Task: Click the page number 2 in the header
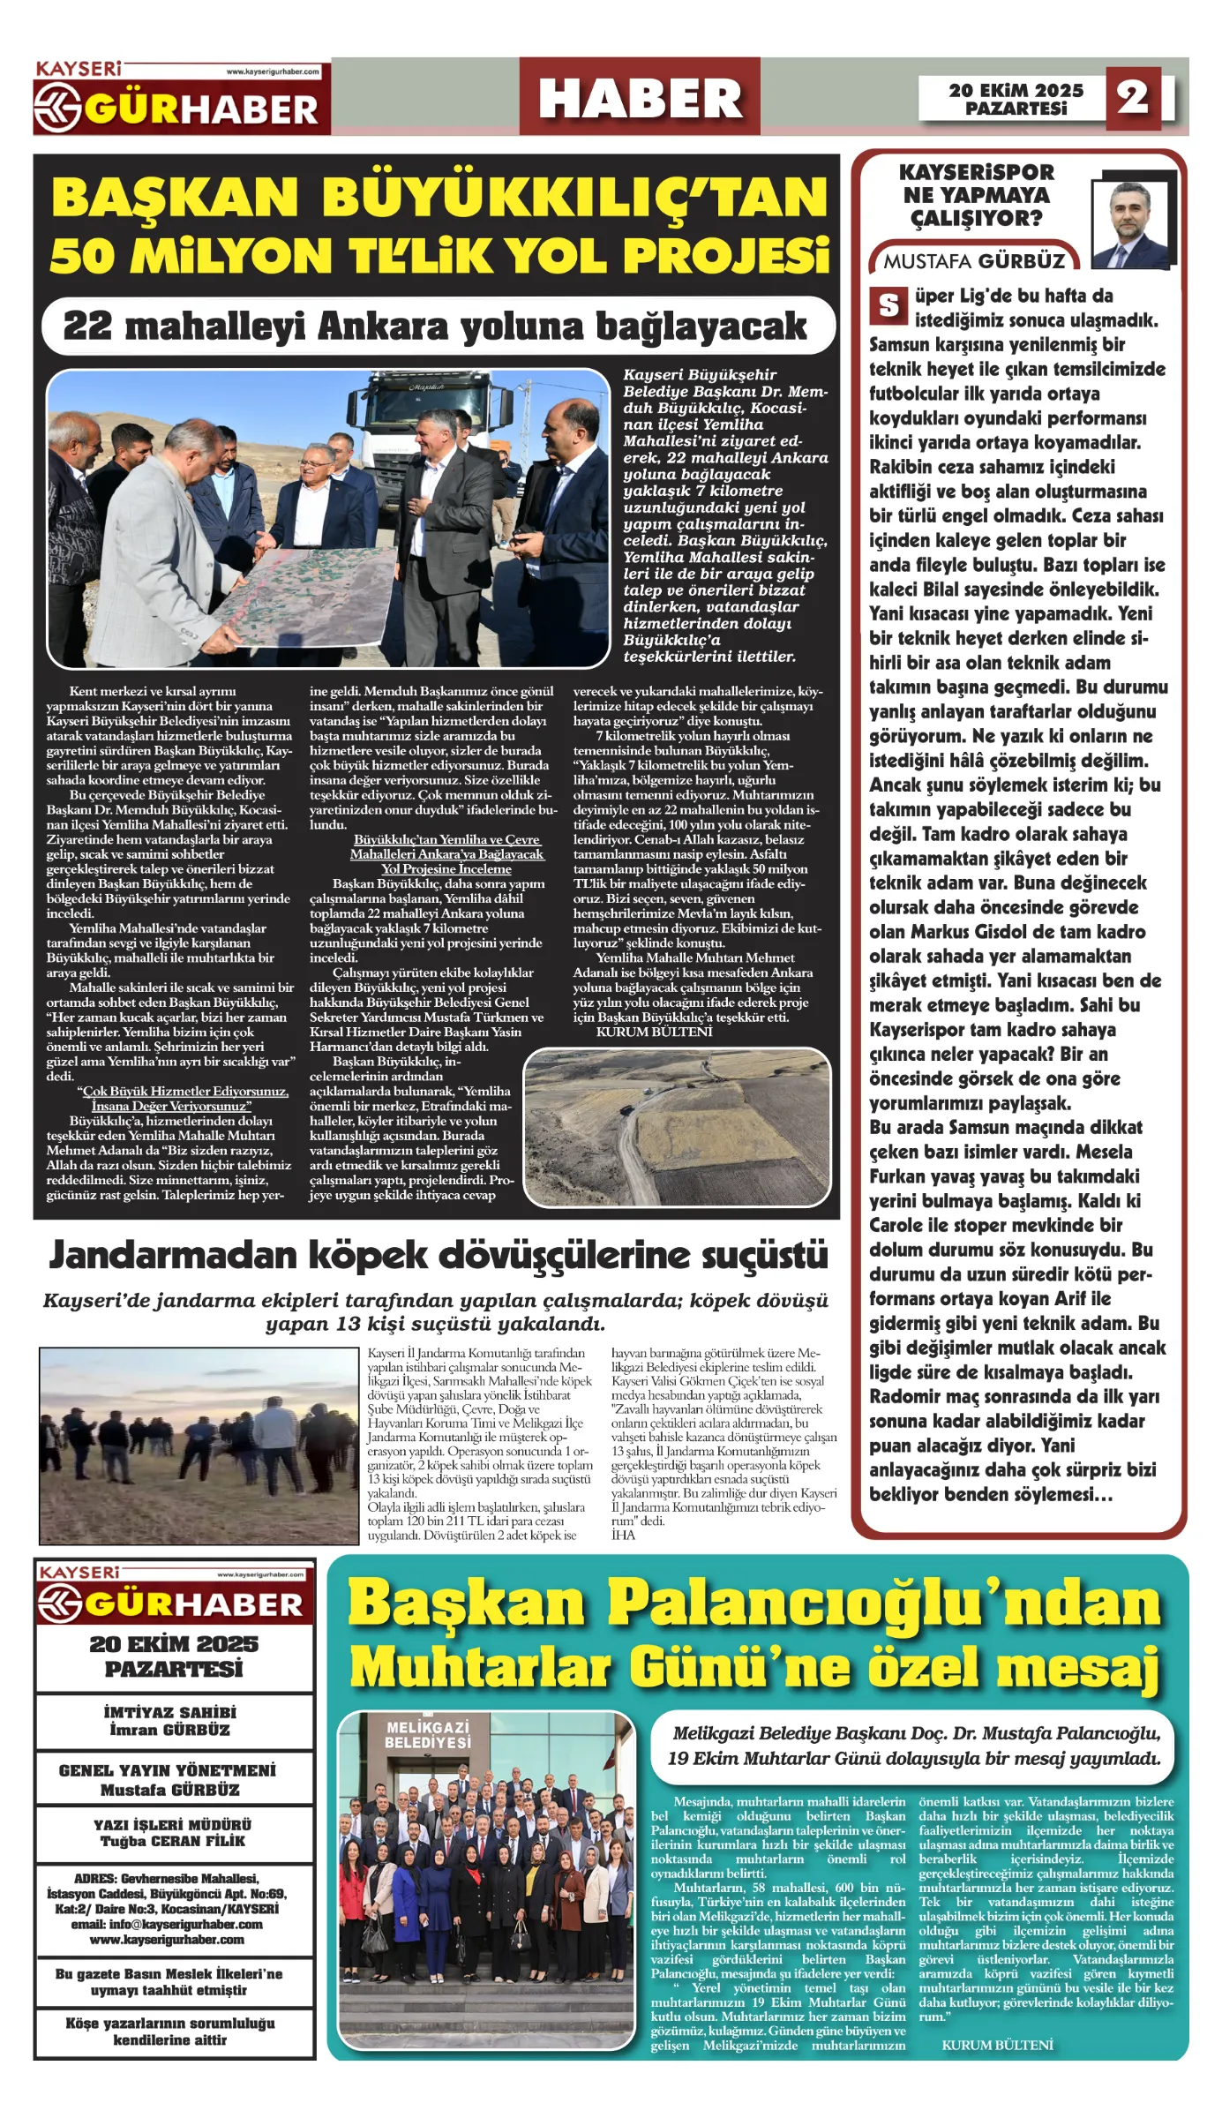pos(1133,97)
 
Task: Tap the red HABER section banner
pos(640,97)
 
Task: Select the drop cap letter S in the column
pos(888,305)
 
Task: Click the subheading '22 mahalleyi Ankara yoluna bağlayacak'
pos(436,327)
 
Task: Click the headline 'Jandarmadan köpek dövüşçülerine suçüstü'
pos(439,1255)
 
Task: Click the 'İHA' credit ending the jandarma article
pos(623,1535)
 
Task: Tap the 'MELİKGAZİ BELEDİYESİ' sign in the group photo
pos(428,1735)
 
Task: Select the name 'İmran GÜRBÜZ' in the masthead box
pos(170,1730)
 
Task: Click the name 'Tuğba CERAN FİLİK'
pos(173,1841)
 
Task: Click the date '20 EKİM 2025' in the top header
pos(1016,90)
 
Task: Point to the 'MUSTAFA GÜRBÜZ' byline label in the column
pos(974,261)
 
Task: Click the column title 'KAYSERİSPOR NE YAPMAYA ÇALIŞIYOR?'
pos(976,195)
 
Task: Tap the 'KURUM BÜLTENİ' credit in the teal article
pos(997,2045)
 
